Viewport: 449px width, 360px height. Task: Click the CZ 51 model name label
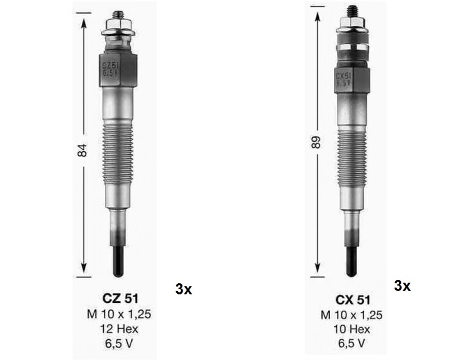[120, 299]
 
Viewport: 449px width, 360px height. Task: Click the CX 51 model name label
[353, 300]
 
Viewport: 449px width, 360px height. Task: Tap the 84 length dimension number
[82, 150]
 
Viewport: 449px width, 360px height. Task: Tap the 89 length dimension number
[315, 142]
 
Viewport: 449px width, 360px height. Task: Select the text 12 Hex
[119, 329]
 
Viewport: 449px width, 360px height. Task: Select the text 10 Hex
[352, 329]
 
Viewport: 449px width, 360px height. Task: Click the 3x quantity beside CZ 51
[184, 289]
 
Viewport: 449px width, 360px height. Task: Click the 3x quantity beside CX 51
[402, 285]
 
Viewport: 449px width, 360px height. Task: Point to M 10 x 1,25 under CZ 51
[119, 314]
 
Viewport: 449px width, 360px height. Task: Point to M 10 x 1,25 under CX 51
[351, 315]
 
